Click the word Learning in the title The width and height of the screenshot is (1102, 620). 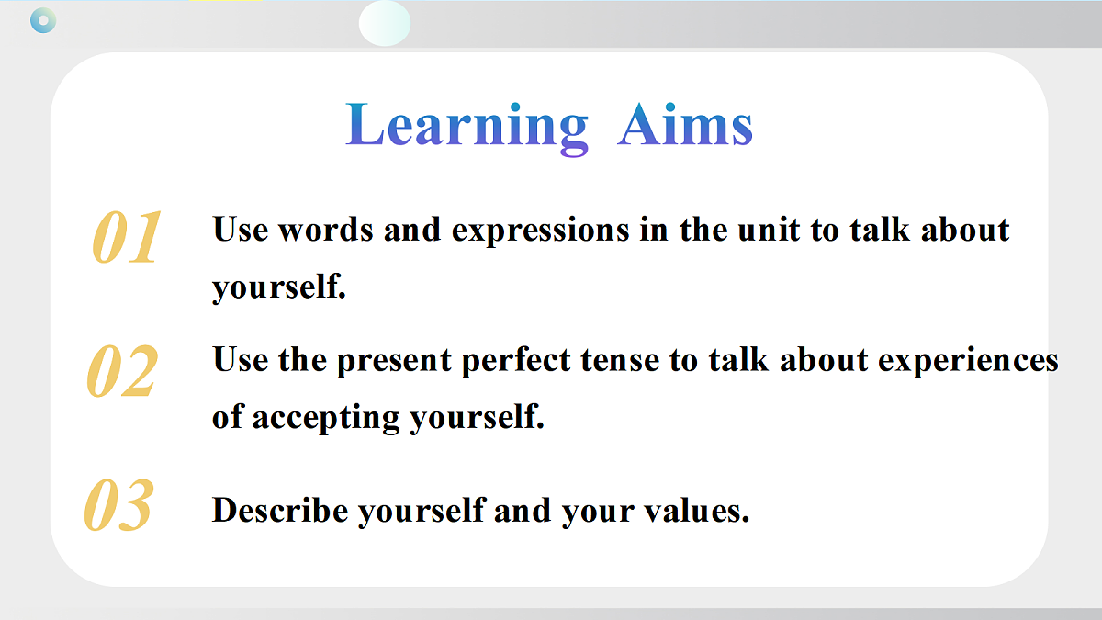tap(467, 127)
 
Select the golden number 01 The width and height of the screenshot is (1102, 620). tap(127, 237)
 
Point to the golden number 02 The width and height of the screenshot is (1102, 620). tap(122, 370)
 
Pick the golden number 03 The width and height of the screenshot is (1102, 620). tap(119, 505)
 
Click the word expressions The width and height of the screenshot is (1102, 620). tap(540, 231)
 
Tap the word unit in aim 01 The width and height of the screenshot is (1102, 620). tap(769, 230)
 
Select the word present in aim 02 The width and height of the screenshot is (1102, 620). tap(394, 362)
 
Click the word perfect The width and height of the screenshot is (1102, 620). tap(515, 361)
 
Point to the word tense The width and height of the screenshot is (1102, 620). tap(620, 361)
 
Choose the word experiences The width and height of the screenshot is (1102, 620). tap(968, 362)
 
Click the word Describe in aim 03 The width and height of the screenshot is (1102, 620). tap(280, 510)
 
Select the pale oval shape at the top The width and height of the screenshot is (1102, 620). tap(385, 23)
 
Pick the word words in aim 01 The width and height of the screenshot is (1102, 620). tap(326, 230)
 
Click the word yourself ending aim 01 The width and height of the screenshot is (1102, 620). tap(279, 287)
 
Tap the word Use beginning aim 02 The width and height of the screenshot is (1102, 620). tap(240, 360)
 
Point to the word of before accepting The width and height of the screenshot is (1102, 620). tap(228, 417)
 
